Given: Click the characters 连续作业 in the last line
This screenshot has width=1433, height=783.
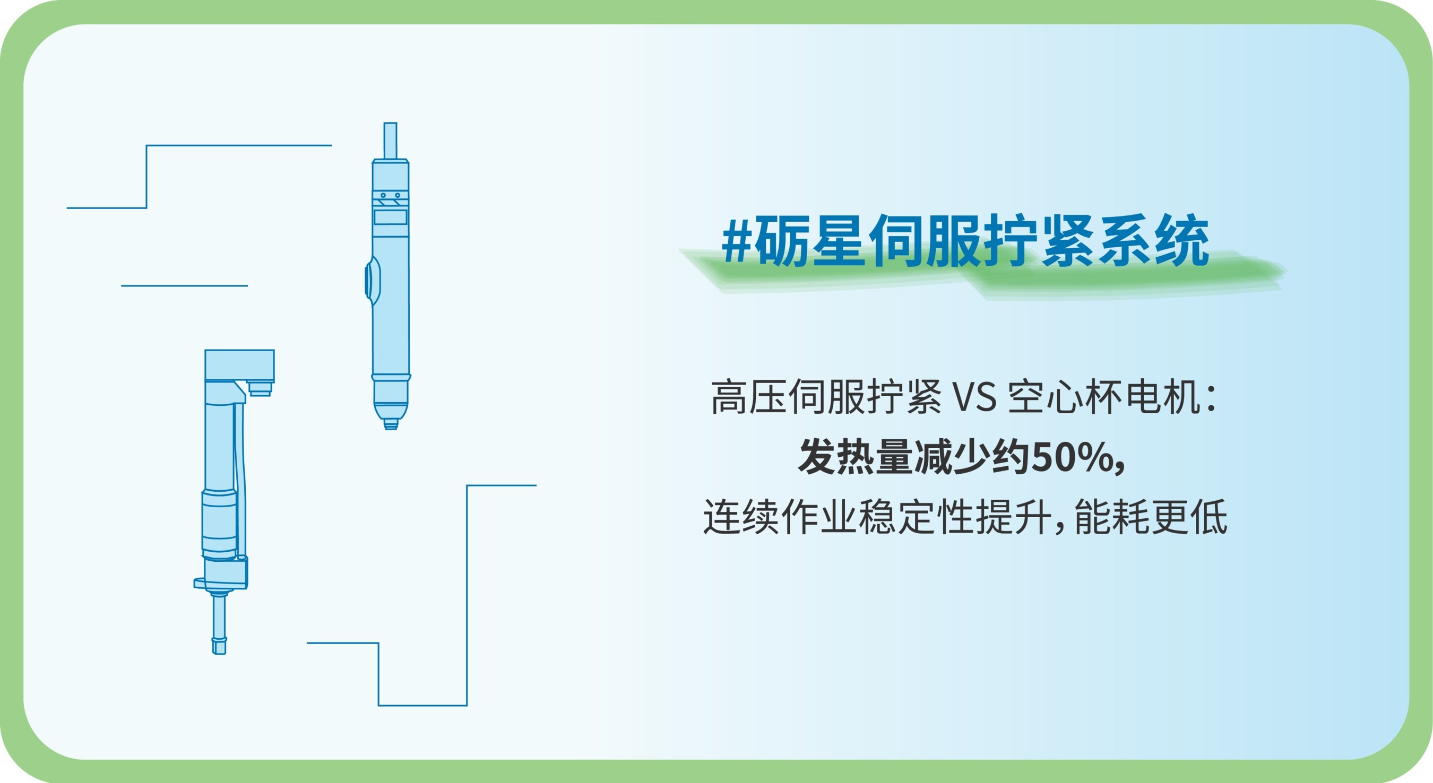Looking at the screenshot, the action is pos(779,517).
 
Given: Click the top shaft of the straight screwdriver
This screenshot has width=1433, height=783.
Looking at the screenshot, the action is pos(391,141).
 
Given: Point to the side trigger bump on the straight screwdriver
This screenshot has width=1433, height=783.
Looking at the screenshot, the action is pos(371,280).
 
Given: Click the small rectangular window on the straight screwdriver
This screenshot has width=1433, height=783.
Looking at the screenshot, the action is pos(391,217).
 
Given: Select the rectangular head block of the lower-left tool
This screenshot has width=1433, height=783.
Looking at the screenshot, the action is pos(239,366).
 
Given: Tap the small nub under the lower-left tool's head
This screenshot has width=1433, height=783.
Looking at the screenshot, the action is pos(260,388).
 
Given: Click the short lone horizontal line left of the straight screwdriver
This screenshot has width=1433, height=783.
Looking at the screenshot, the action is pos(184,286).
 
